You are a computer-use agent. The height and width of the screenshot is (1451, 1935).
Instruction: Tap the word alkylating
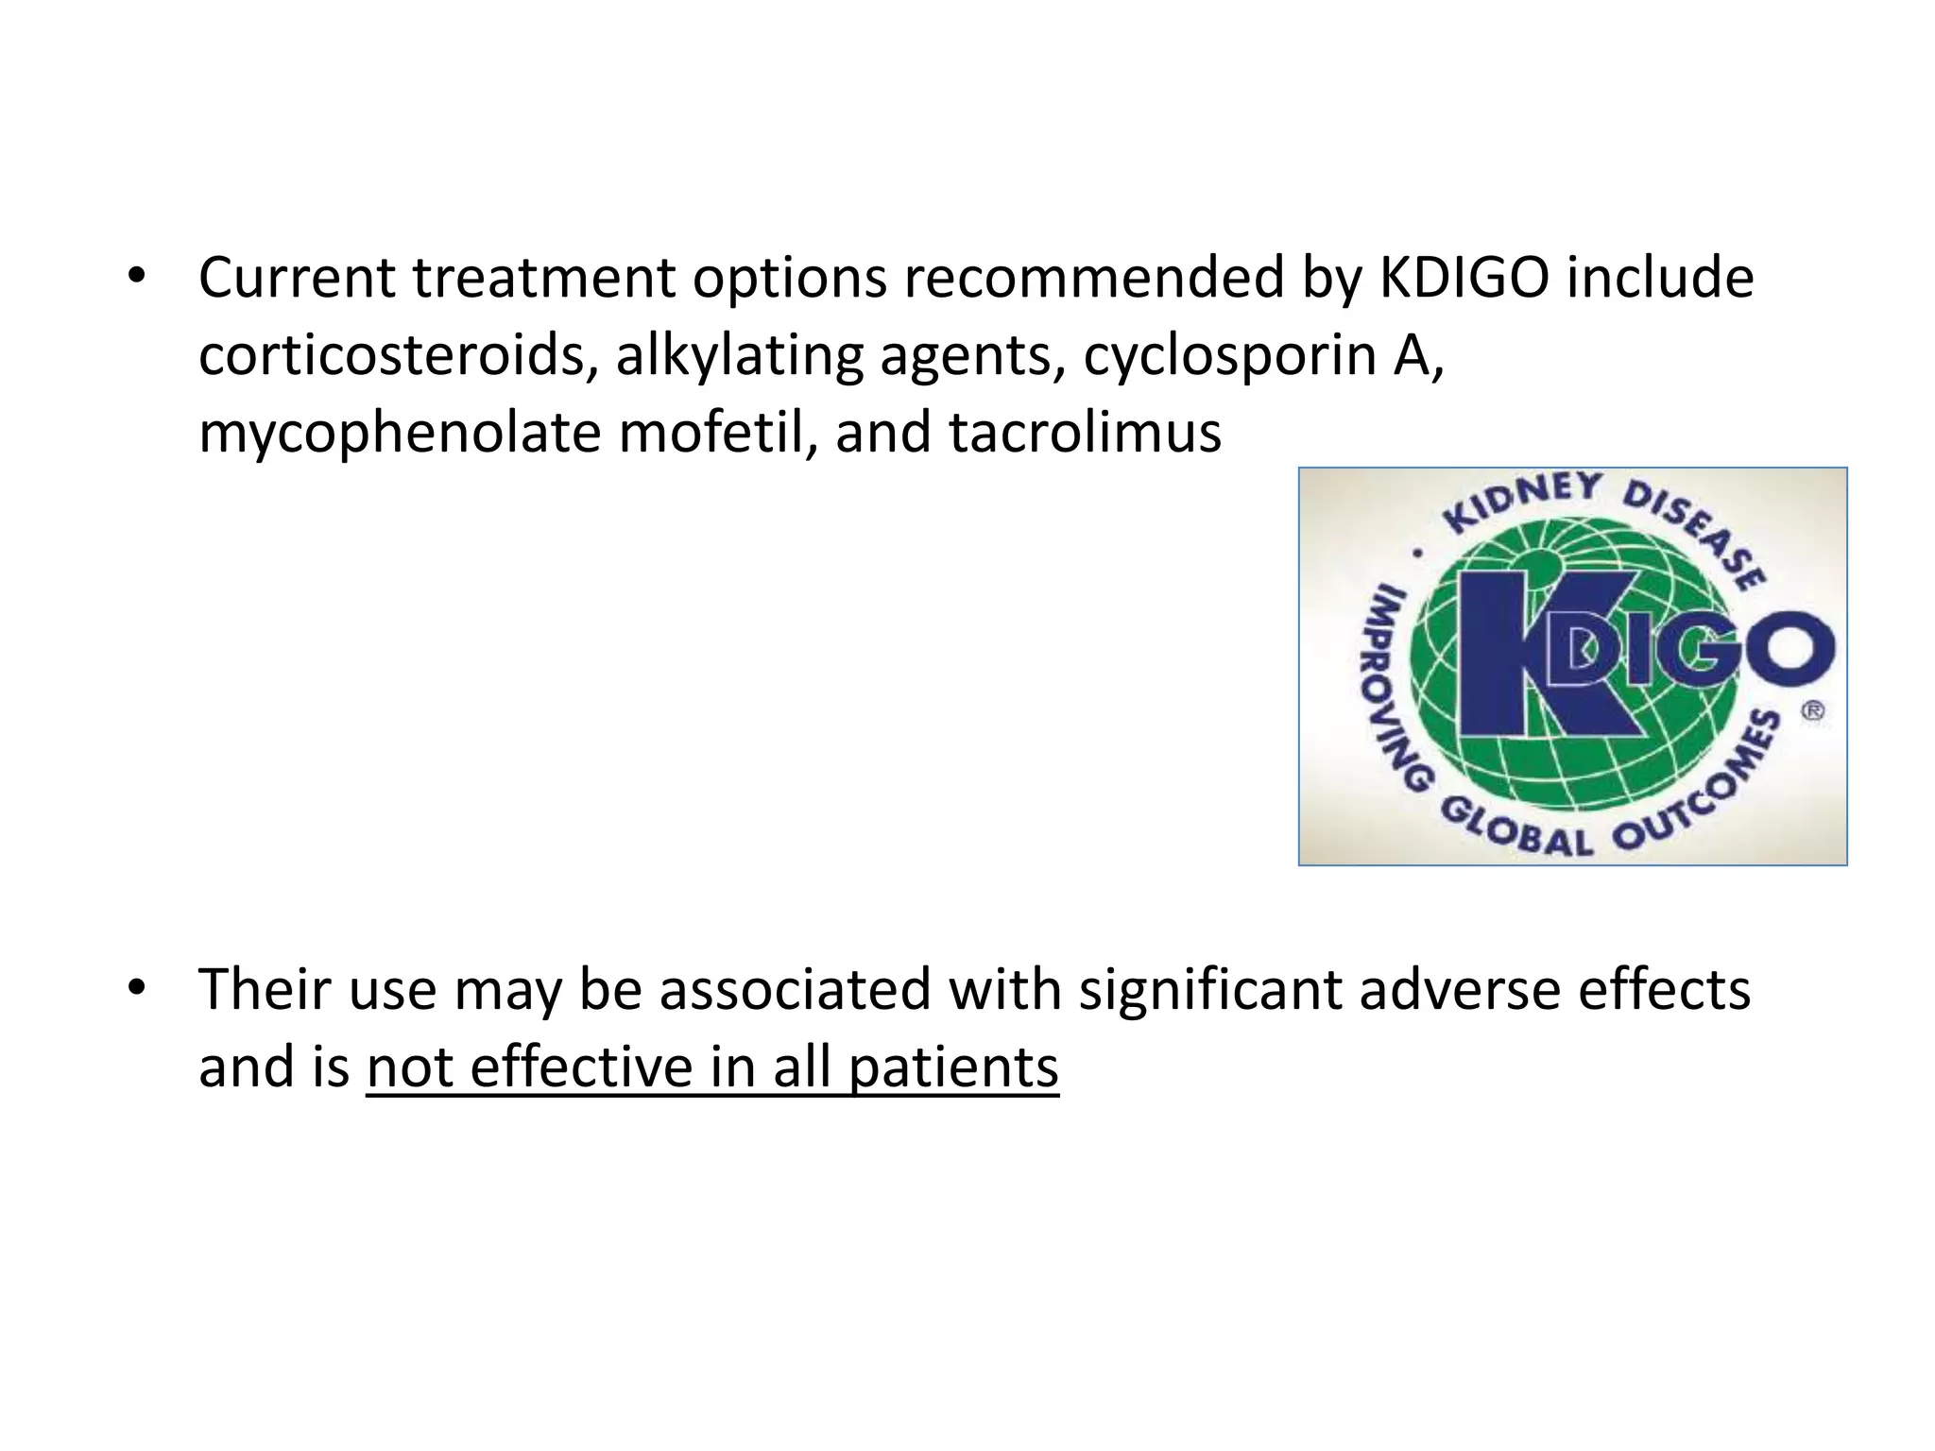pos(739,356)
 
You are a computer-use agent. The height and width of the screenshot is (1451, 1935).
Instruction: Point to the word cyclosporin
pos(1229,356)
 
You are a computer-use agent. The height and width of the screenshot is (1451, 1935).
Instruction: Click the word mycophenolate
pos(400,434)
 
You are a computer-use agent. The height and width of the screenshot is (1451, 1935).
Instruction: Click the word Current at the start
pos(297,279)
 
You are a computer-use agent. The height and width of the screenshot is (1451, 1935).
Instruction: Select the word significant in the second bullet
pos(1210,991)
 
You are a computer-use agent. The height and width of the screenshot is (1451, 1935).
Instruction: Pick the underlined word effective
pos(581,1068)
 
